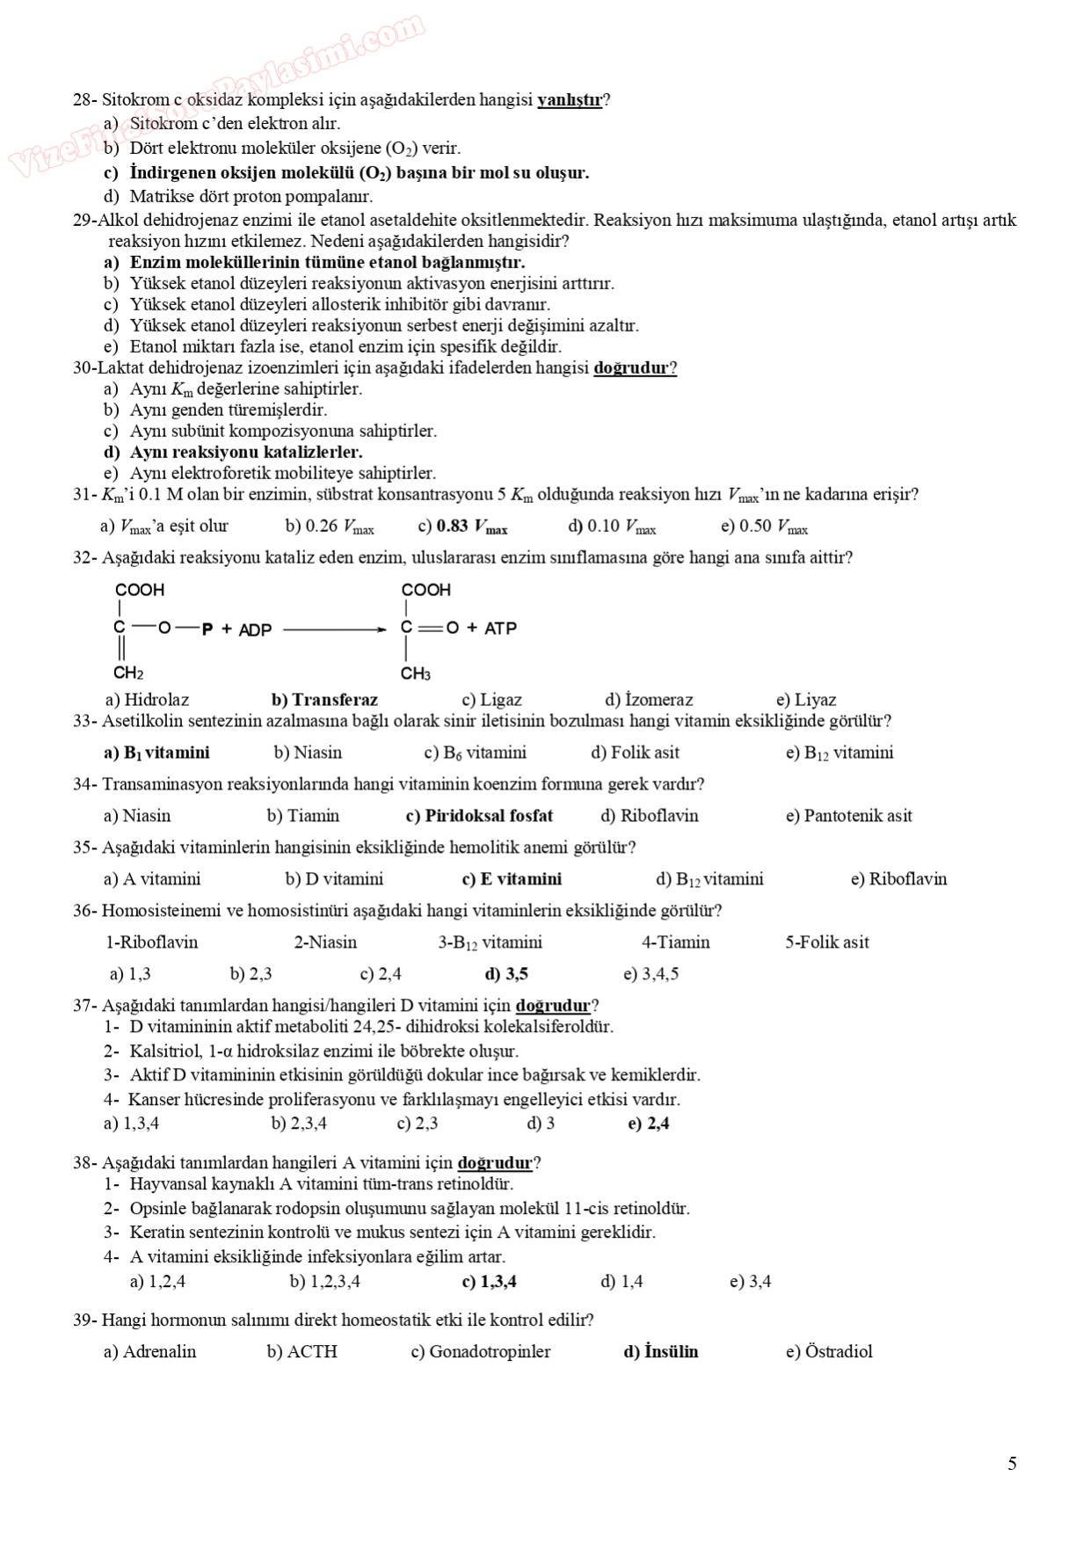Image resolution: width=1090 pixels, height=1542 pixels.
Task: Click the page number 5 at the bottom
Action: pyautogui.click(x=1012, y=1464)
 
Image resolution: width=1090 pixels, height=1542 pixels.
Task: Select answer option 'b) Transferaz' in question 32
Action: pyautogui.click(x=324, y=700)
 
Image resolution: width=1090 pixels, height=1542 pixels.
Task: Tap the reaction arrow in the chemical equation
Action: pyautogui.click(x=334, y=629)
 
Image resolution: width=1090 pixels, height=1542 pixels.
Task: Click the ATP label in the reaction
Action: pyautogui.click(x=500, y=629)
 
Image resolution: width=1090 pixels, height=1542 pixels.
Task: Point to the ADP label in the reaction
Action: pyautogui.click(x=255, y=629)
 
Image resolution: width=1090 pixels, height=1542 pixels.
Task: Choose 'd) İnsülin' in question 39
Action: pyautogui.click(x=660, y=1351)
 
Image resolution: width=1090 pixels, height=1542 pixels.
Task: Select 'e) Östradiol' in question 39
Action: pyautogui.click(x=829, y=1351)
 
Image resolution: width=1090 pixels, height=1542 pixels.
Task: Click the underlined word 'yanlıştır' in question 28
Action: pyautogui.click(x=570, y=100)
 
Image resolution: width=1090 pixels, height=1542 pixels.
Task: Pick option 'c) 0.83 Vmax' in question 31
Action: pyautogui.click(x=463, y=527)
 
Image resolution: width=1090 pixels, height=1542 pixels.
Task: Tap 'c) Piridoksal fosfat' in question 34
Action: pyautogui.click(x=479, y=816)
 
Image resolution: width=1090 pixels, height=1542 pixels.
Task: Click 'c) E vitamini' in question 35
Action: pyautogui.click(x=512, y=879)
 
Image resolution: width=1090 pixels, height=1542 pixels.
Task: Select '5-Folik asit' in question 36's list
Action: pyautogui.click(x=826, y=942)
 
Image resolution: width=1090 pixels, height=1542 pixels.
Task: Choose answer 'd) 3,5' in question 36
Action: pyautogui.click(x=506, y=974)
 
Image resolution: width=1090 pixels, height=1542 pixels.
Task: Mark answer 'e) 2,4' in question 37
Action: pyautogui.click(x=649, y=1124)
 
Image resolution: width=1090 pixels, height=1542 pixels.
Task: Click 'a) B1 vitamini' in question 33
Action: pyautogui.click(x=156, y=753)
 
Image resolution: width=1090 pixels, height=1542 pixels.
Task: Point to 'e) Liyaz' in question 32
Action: pyautogui.click(x=806, y=700)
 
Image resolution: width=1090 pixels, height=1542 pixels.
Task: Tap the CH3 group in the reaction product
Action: pyautogui.click(x=416, y=674)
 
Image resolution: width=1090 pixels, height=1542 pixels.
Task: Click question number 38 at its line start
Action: pyautogui.click(x=83, y=1163)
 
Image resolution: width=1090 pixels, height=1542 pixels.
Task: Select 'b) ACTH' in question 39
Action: pyautogui.click(x=302, y=1351)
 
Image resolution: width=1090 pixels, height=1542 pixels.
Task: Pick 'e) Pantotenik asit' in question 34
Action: pyautogui.click(x=848, y=816)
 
